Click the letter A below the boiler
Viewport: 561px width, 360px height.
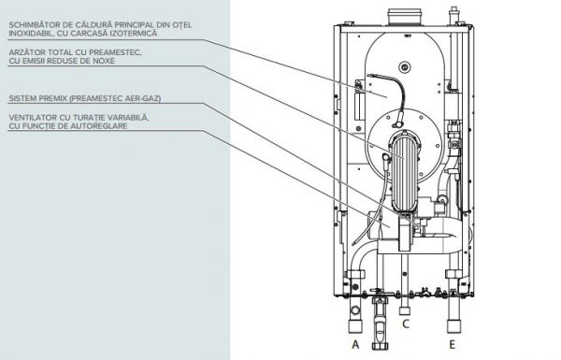point(355,344)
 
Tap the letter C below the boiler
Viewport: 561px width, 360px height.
point(406,324)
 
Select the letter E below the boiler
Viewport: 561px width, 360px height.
point(453,344)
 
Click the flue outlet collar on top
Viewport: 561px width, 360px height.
point(404,17)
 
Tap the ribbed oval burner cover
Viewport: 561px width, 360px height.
point(403,172)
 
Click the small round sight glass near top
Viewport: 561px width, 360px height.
point(405,67)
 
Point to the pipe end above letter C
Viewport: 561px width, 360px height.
point(405,310)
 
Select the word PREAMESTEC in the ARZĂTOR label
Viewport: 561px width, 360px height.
point(114,52)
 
